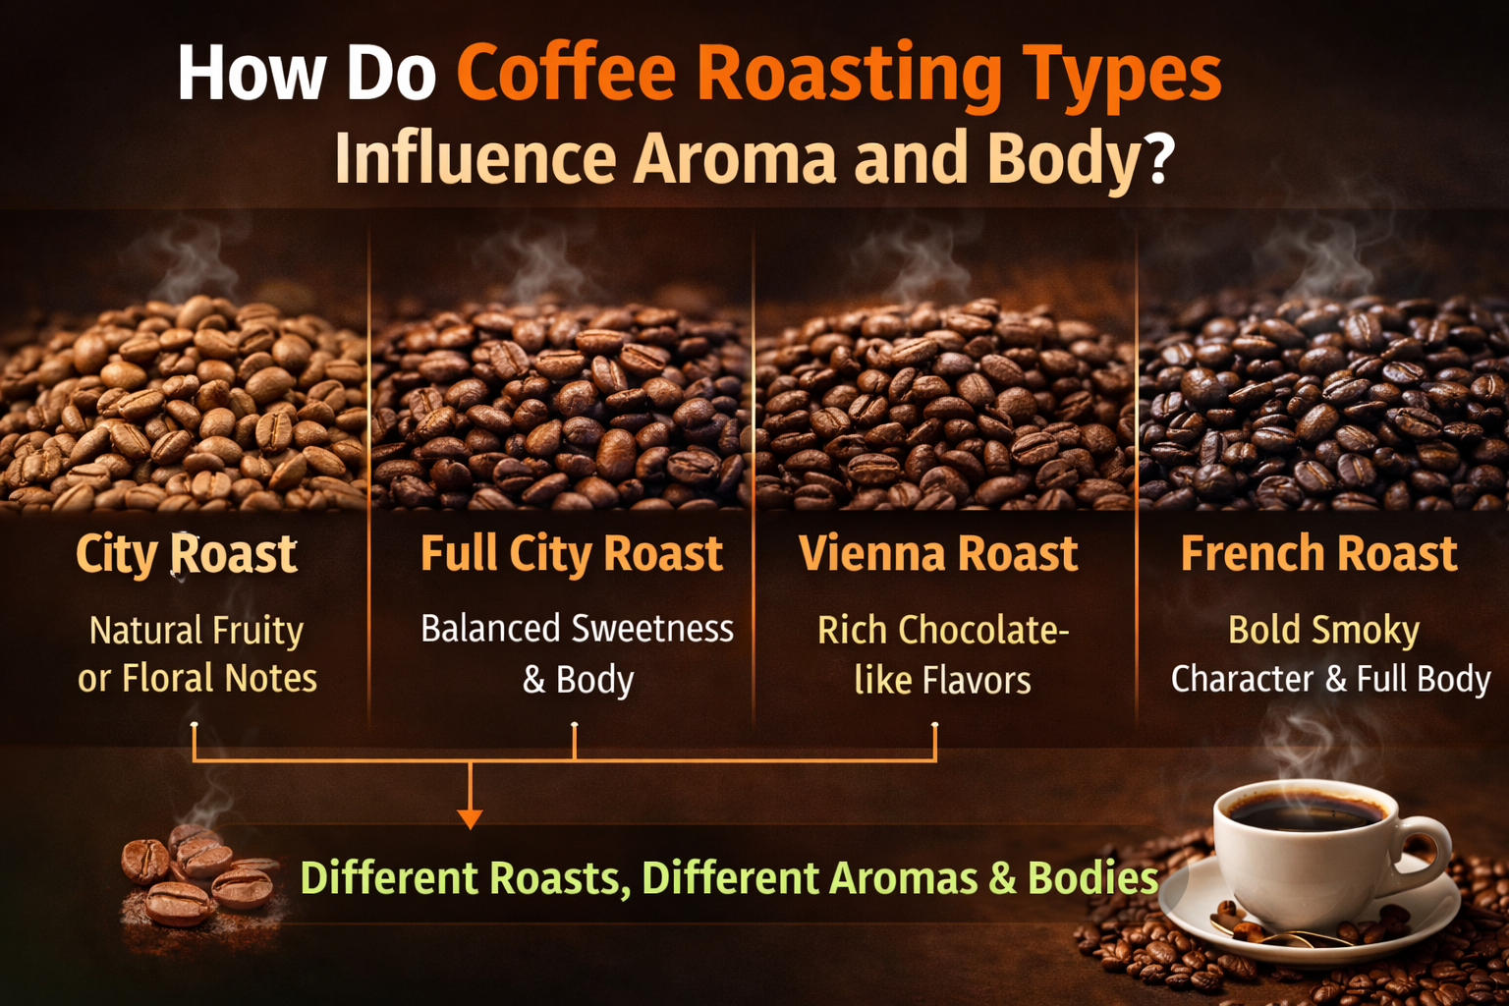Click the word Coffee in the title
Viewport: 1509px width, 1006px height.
coord(566,75)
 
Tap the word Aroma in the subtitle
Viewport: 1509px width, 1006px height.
coord(735,159)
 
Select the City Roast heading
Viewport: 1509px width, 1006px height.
coord(187,554)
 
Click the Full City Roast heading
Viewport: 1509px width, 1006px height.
coord(571,554)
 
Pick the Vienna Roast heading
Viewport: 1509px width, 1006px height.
coord(938,554)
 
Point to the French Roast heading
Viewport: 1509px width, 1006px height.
coord(1318,554)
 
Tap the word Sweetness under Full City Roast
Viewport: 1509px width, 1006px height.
coord(652,629)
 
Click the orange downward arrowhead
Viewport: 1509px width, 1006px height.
coord(471,817)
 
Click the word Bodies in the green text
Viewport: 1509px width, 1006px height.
coord(1092,878)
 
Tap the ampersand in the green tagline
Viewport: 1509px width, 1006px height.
coord(1002,878)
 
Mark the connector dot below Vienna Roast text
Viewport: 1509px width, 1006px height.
coord(934,726)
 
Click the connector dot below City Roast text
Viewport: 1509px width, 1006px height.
coord(195,726)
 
